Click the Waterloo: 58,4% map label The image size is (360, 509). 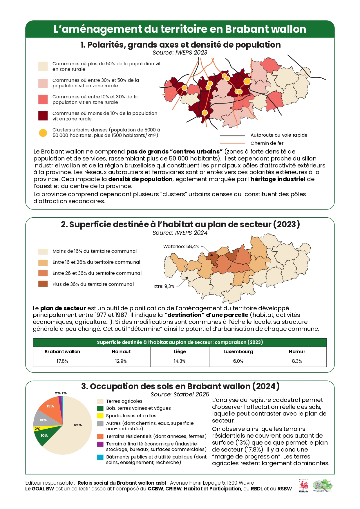(181, 247)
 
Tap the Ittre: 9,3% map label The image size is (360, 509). (164, 286)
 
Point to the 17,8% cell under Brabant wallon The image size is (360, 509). (62, 361)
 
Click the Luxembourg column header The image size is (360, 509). (238, 352)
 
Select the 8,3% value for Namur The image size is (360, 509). (297, 361)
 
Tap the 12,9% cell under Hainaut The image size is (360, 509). (121, 361)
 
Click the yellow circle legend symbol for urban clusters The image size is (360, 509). (43, 133)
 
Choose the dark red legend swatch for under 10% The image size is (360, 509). (43, 116)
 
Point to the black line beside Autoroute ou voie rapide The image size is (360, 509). (233, 136)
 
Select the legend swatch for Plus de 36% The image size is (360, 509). (43, 284)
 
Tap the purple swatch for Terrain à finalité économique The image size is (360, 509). (100, 444)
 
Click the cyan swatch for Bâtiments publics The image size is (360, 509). (100, 457)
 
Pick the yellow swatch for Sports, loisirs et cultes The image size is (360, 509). (100, 416)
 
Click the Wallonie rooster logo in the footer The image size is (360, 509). (303, 486)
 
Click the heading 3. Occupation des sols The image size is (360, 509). (180, 387)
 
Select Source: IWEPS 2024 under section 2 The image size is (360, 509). (180, 233)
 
